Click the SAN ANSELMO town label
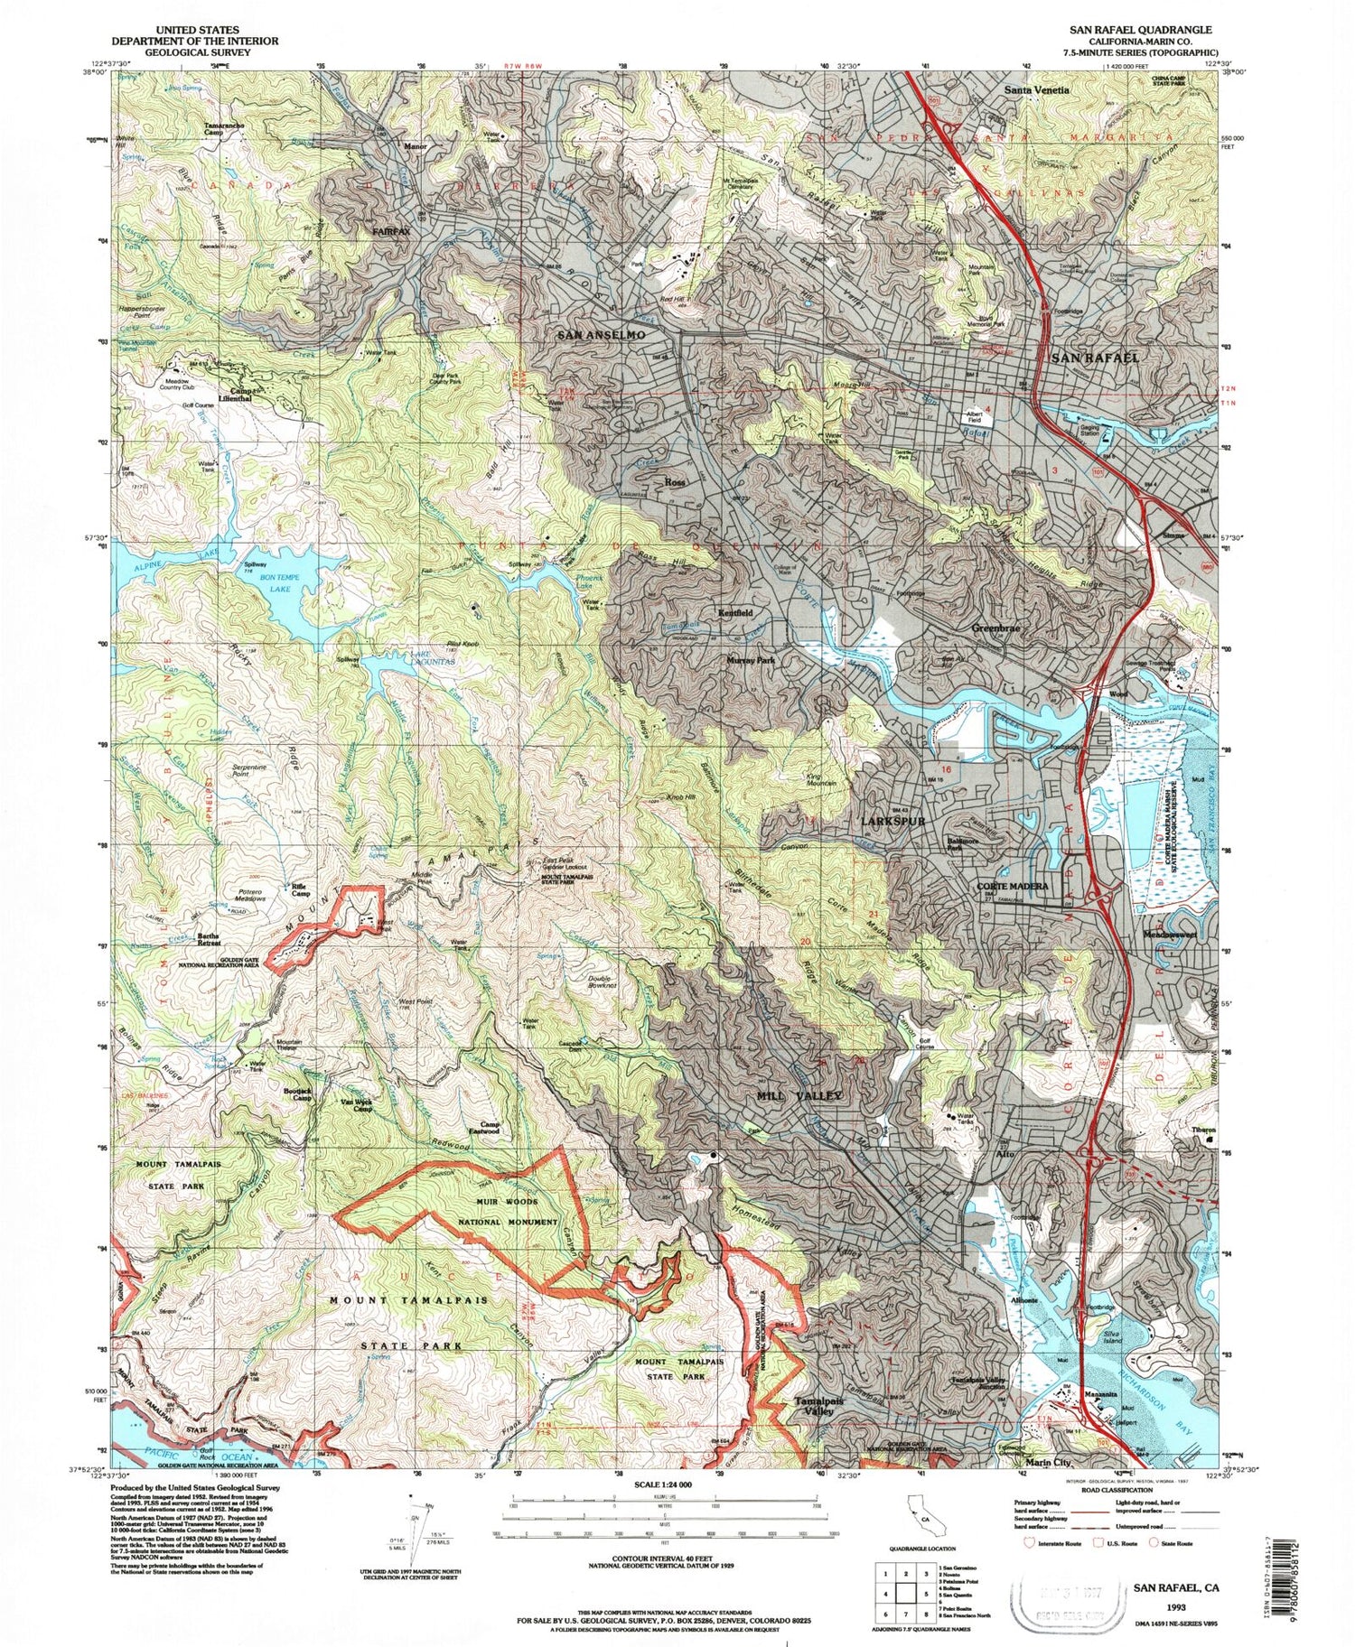coord(601,335)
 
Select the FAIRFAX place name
coord(391,232)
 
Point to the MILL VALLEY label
coord(799,1095)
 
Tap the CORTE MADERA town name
coord(1013,886)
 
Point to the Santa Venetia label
coord(1037,89)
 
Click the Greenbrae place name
coord(995,628)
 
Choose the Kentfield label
coord(735,612)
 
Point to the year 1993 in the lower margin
coord(1175,1607)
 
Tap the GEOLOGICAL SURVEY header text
coord(195,51)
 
